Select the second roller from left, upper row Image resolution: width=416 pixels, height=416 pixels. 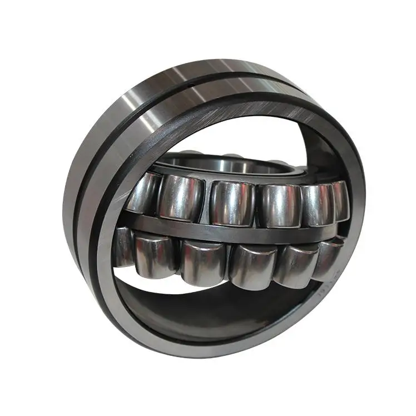pos(181,197)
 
